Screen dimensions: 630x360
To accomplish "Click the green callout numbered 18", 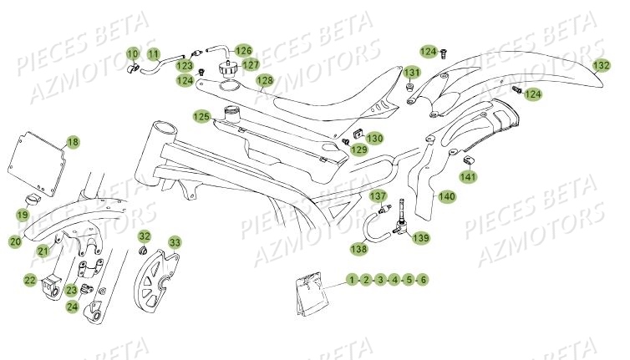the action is tap(73, 142).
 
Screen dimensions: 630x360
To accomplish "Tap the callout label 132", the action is tap(602, 65).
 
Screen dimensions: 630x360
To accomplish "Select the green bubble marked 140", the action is tap(447, 196).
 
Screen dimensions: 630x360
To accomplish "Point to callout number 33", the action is tap(175, 243).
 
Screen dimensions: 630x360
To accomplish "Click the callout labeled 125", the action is tap(201, 117).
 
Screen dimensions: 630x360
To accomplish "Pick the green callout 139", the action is tap(420, 237).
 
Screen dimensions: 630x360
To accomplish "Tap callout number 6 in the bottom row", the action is tap(423, 280).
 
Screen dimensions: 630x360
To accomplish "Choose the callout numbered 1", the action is tap(352, 280).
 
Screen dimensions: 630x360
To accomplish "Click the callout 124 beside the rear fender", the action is tap(533, 94).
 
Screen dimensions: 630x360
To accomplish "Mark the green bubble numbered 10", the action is tap(133, 53).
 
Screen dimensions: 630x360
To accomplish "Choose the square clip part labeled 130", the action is tap(358, 134).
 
